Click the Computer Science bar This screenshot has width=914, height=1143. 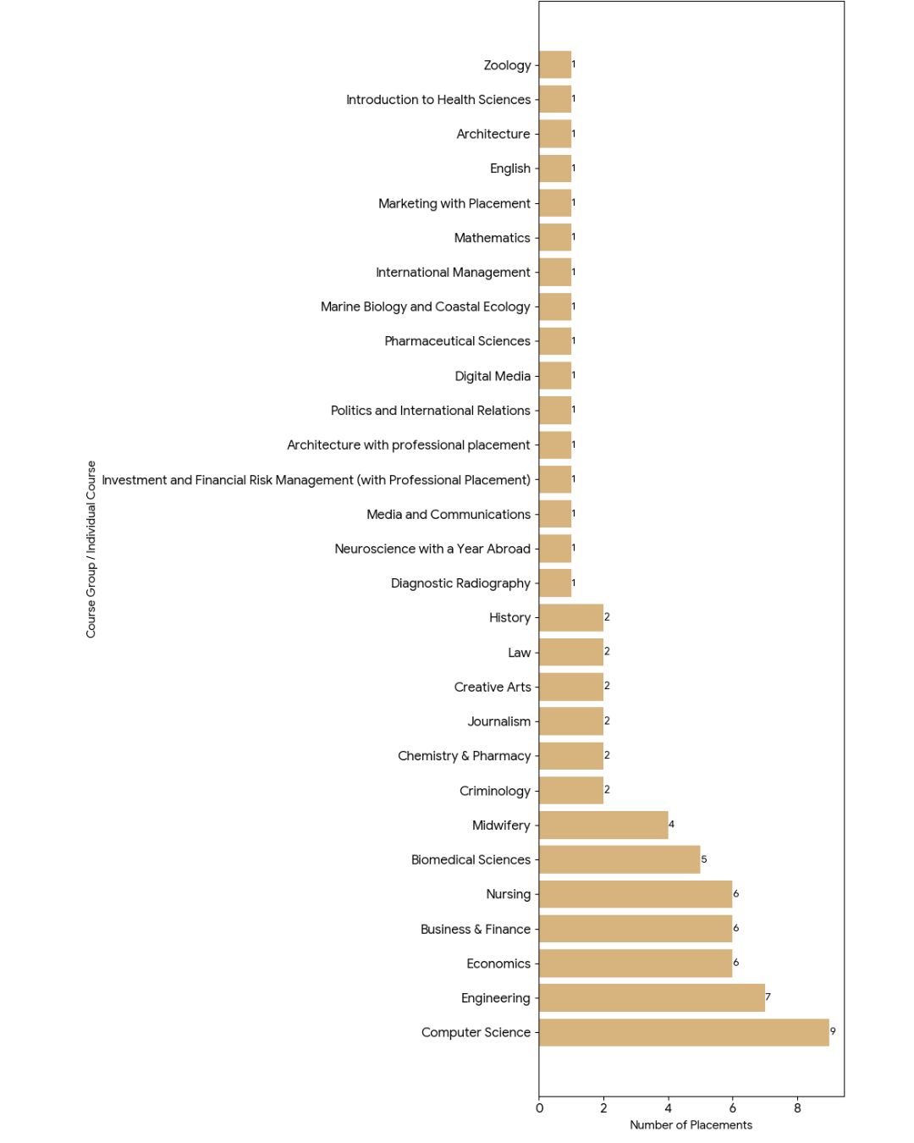(684, 1032)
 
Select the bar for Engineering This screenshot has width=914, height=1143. (652, 997)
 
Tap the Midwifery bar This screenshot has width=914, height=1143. (603, 825)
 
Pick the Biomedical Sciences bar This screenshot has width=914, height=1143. (619, 859)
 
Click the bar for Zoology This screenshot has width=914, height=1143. (555, 64)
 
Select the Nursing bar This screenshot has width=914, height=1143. (636, 894)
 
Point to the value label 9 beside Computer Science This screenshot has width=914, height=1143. (833, 1031)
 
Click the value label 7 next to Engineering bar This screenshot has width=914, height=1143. (768, 997)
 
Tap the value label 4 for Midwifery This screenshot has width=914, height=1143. (672, 824)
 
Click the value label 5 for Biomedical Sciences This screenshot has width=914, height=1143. (704, 859)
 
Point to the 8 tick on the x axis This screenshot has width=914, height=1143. (797, 1108)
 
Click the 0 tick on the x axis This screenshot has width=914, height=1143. (539, 1108)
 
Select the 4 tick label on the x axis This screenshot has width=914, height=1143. (669, 1108)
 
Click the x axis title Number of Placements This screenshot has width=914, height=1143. (691, 1125)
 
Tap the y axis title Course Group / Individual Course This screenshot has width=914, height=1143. (91, 549)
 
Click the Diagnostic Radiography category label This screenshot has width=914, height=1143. (460, 583)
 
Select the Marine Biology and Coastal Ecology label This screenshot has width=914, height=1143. (425, 306)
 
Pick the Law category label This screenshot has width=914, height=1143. (519, 653)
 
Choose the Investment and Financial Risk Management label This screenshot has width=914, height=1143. (316, 480)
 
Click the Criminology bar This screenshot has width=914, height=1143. (571, 790)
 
